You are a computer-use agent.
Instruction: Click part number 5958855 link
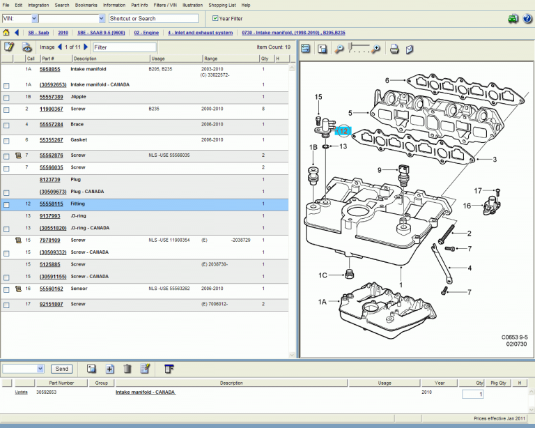point(50,70)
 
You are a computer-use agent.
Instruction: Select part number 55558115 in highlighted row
point(52,204)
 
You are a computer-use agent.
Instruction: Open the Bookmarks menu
point(86,5)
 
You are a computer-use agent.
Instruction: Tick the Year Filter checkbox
point(215,18)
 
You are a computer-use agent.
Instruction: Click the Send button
point(62,369)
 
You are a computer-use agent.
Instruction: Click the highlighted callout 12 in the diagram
point(343,130)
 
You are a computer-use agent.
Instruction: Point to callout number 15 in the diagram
point(318,97)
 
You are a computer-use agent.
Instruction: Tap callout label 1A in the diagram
point(323,301)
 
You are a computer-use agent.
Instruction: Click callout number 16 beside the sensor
point(468,206)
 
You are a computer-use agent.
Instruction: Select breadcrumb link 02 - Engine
point(147,33)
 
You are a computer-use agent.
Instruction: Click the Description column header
point(86,59)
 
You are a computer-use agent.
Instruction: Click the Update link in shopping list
point(22,392)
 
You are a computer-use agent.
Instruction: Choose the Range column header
point(211,59)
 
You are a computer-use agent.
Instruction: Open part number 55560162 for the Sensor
point(52,289)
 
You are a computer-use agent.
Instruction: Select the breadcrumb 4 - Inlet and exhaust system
point(201,33)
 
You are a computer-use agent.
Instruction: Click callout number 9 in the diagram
point(380,170)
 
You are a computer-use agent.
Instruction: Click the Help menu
point(246,5)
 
